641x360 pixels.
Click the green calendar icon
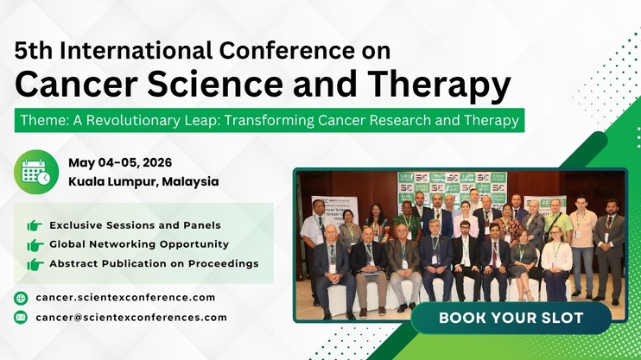[x=36, y=172]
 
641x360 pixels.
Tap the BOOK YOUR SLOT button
[x=511, y=318]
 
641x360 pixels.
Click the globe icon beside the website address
[x=21, y=298]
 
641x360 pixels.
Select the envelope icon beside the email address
[x=21, y=317]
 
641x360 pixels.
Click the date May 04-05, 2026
[x=120, y=162]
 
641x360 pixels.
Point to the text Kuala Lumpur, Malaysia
[x=143, y=181]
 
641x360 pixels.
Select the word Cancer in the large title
[x=76, y=85]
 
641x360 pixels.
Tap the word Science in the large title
[x=215, y=85]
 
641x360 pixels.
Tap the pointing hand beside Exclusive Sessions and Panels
[x=35, y=225]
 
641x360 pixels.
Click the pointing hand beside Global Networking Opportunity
[x=35, y=245]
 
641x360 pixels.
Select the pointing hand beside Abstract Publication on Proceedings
[x=35, y=264]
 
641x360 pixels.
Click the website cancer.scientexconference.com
[x=125, y=298]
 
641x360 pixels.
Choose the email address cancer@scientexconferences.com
[x=131, y=318]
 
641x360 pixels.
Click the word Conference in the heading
[x=287, y=51]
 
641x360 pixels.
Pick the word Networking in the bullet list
[x=123, y=244]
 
